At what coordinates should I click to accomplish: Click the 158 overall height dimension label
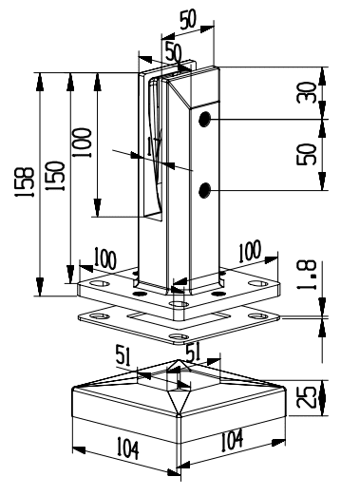pyautogui.click(x=25, y=182)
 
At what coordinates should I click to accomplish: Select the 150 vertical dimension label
pyautogui.click(x=55, y=176)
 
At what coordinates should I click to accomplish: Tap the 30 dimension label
pyautogui.click(x=307, y=92)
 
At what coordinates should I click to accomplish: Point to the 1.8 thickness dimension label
pyautogui.click(x=307, y=275)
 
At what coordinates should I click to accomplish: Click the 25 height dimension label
pyautogui.click(x=307, y=397)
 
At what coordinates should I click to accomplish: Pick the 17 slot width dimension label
pyautogui.click(x=155, y=145)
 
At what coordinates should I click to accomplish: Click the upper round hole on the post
pyautogui.click(x=204, y=120)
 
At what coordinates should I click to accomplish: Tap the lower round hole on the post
pyautogui.click(x=204, y=190)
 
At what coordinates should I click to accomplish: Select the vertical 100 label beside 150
pyautogui.click(x=82, y=143)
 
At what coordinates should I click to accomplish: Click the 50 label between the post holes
pyautogui.click(x=307, y=154)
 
